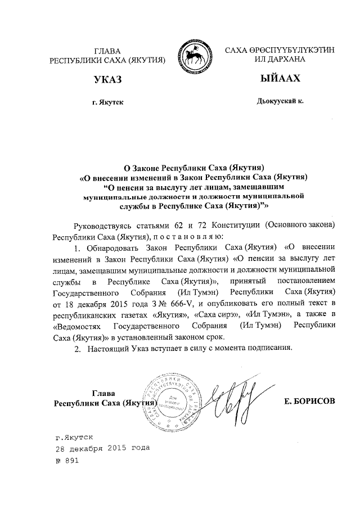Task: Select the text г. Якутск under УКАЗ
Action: pyautogui.click(x=107, y=102)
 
